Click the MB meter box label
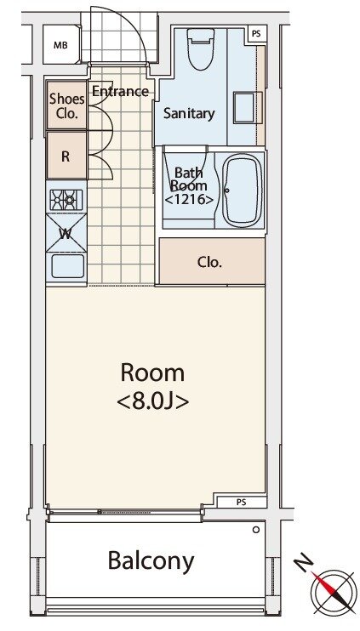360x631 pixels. click(60, 45)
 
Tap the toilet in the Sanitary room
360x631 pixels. click(202, 48)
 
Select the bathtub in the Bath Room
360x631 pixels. click(243, 190)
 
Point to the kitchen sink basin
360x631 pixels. click(68, 265)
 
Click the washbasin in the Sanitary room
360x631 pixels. click(244, 107)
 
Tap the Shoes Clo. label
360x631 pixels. click(67, 106)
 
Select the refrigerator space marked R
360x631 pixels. click(66, 156)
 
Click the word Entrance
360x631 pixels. click(120, 91)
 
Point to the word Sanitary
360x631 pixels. click(189, 113)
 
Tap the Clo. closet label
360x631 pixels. click(210, 263)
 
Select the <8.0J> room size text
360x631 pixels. click(153, 401)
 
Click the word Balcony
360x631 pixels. click(151, 561)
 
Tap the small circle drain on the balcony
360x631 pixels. click(255, 530)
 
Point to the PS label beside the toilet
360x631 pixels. click(256, 34)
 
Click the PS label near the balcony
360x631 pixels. click(242, 503)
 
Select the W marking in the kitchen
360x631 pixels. click(66, 234)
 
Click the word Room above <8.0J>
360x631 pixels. click(152, 373)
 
